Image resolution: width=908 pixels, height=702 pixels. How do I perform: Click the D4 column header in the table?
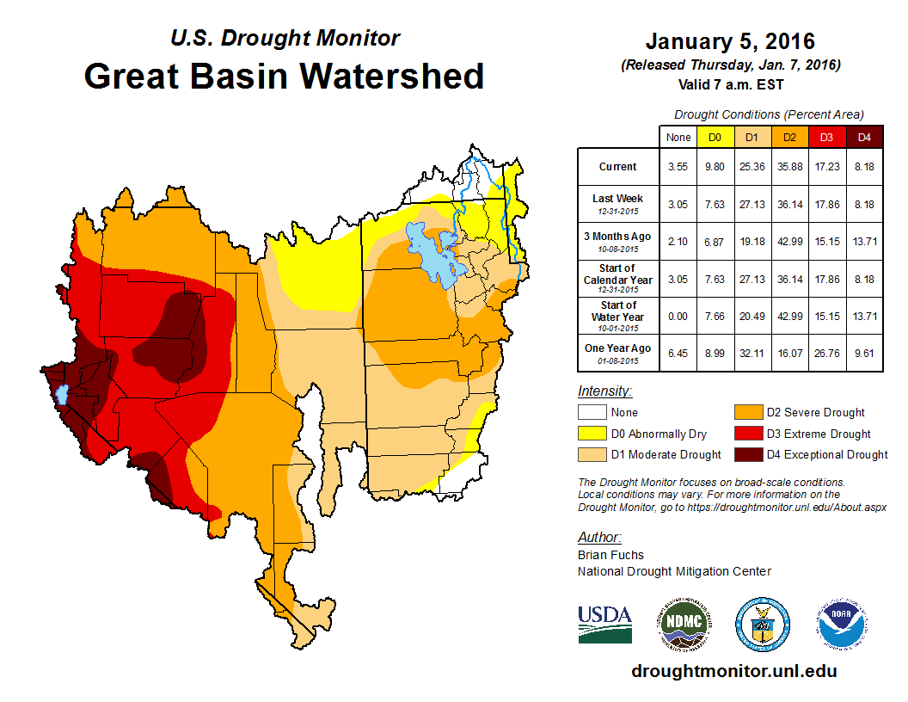tap(864, 137)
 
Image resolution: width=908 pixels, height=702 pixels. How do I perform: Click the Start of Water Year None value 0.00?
tap(678, 317)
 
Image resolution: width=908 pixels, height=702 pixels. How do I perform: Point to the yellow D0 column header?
tap(714, 137)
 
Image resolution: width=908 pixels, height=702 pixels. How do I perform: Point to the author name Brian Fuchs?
tap(610, 555)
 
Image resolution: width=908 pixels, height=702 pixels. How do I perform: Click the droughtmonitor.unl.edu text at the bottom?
tap(733, 671)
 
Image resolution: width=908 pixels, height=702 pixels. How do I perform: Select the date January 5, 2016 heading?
tap(730, 41)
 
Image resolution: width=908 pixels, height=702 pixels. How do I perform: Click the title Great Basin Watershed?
tap(284, 76)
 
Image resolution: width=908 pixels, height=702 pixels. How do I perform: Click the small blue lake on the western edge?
tap(61, 395)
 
